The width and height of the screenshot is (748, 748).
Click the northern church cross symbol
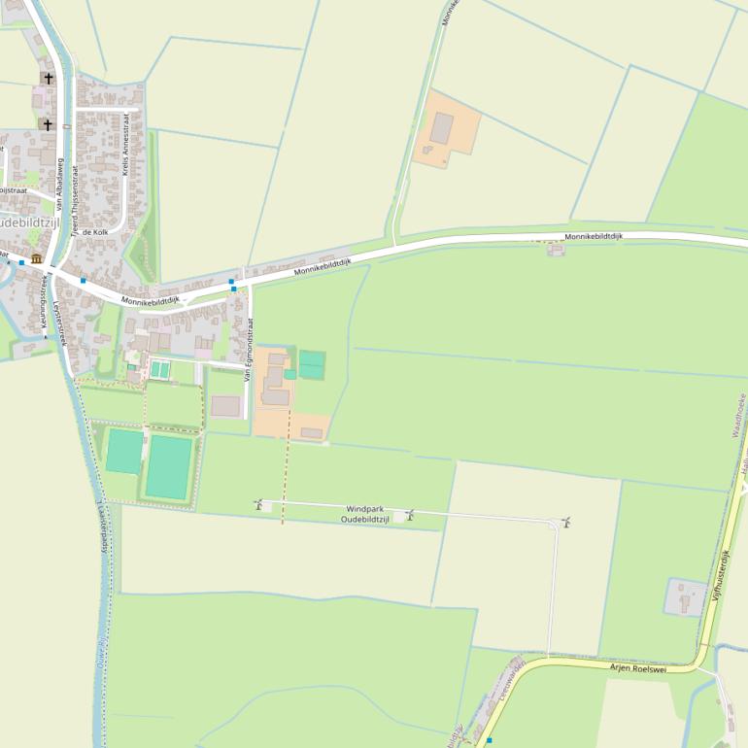47,78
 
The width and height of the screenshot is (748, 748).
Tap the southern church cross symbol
47,124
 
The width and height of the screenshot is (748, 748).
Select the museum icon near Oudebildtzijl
37,258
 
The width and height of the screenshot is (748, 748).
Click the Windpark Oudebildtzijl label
365,515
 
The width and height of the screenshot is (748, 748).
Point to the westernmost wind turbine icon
259,504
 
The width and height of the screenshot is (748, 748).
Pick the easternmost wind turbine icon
565,523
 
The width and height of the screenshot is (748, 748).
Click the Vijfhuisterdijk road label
722,577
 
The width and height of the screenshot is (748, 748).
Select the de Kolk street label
95,232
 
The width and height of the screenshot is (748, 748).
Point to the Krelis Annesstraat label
126,144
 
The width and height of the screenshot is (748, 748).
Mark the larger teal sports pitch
169,467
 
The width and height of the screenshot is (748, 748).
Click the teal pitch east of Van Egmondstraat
311,365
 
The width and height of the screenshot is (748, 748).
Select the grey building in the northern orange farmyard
442,128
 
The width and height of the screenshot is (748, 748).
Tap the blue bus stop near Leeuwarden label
490,740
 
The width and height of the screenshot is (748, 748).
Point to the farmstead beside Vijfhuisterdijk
685,596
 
